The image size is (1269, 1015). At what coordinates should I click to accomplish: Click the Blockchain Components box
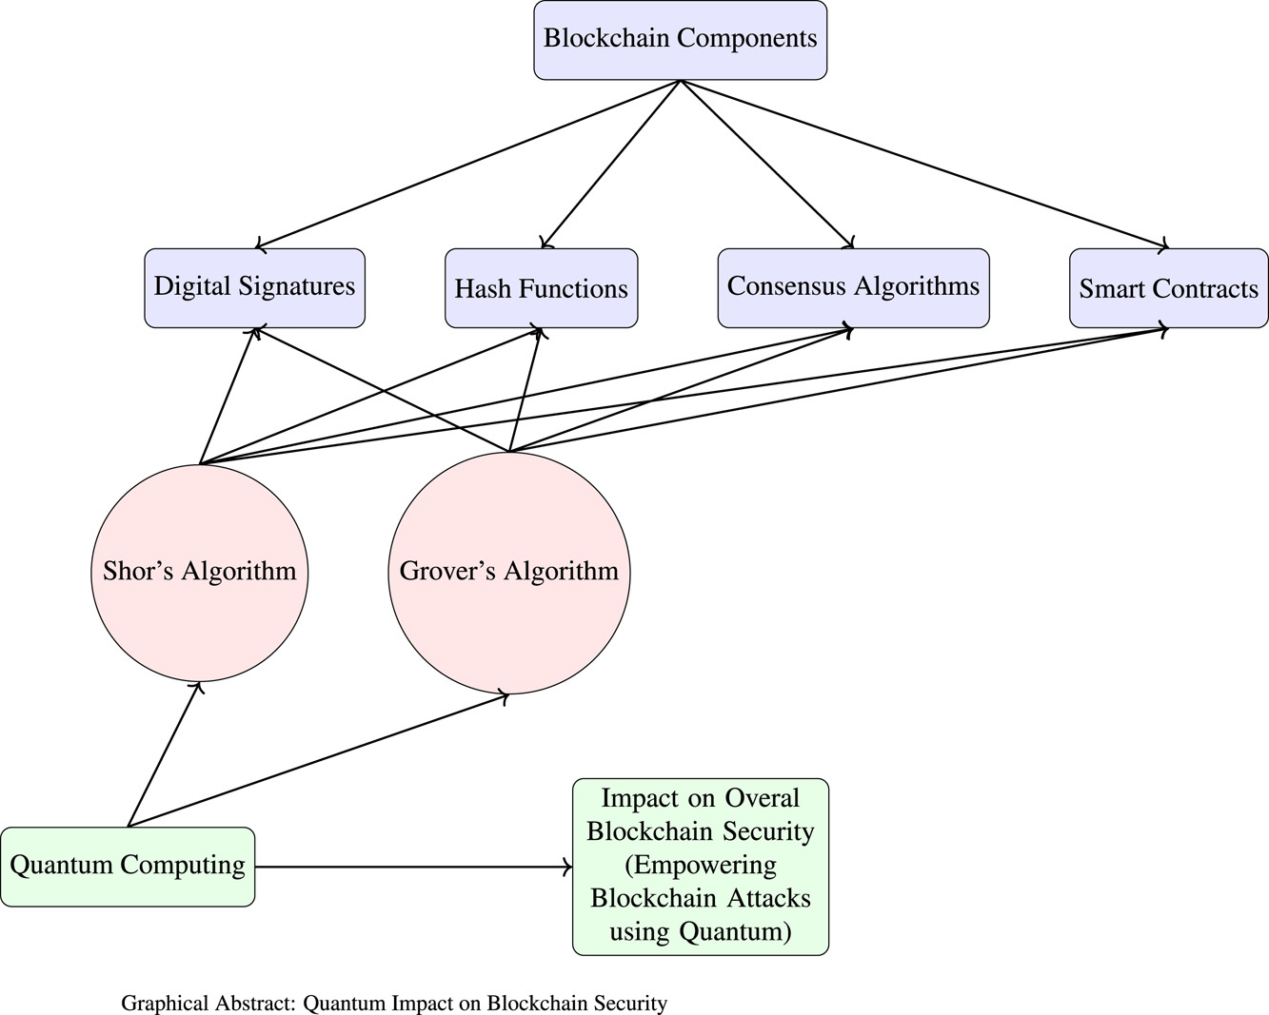(x=680, y=39)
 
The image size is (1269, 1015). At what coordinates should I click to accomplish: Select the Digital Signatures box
(x=254, y=287)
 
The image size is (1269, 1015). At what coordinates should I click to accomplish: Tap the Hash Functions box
(x=541, y=288)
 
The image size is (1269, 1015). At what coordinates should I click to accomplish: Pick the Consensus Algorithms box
(x=853, y=287)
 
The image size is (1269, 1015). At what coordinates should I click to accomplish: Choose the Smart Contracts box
(x=1168, y=288)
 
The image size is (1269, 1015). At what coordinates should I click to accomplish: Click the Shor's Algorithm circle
(x=200, y=572)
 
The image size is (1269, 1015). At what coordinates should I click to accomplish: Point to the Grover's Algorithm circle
(x=509, y=572)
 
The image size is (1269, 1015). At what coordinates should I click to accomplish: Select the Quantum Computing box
(x=128, y=866)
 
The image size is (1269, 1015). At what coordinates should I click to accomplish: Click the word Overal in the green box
(x=763, y=797)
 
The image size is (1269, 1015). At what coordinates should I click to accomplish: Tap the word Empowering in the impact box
(x=701, y=865)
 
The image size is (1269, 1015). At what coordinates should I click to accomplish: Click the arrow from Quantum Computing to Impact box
(x=414, y=867)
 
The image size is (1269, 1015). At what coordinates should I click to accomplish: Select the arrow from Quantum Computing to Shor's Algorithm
(x=163, y=754)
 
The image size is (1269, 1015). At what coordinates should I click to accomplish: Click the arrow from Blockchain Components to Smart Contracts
(x=924, y=165)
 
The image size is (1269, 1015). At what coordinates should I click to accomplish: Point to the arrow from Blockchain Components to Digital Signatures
(x=467, y=165)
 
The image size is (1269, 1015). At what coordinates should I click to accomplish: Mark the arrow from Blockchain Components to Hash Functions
(x=610, y=165)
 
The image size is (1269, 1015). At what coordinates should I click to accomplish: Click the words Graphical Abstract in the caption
(x=208, y=1003)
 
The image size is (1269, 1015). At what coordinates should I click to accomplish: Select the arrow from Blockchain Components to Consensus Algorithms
(x=766, y=165)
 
